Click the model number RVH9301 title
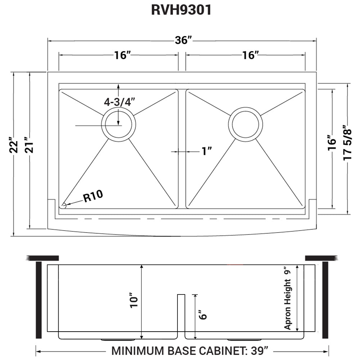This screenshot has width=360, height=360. click(x=181, y=10)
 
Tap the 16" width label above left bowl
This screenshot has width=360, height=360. click(x=122, y=55)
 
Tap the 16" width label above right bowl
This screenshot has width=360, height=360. click(x=251, y=55)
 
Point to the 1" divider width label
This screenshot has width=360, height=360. click(x=207, y=152)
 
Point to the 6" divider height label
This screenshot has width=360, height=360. click(x=203, y=315)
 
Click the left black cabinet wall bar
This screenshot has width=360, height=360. click(x=39, y=300)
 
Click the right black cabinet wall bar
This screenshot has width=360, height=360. click(x=325, y=300)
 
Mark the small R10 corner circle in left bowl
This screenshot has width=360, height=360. click(x=64, y=205)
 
